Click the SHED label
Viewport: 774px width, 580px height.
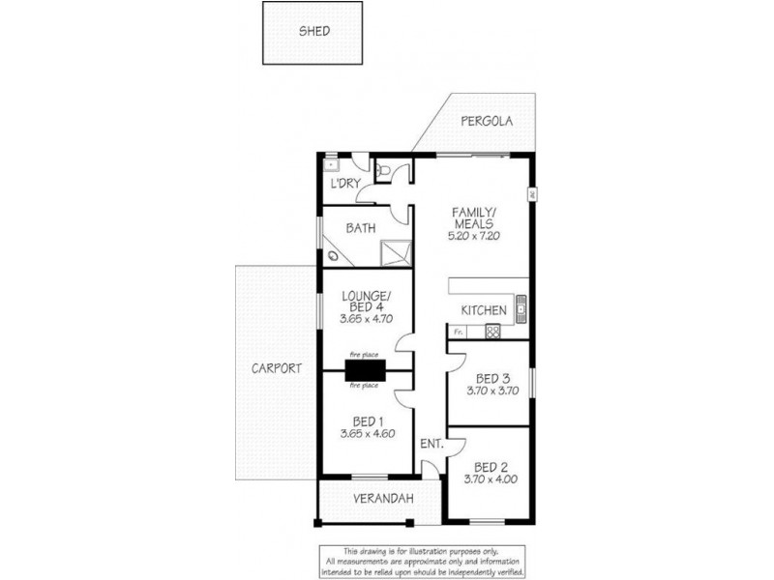tap(313, 31)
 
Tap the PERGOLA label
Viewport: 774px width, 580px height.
tap(486, 123)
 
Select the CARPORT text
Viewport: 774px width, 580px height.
tap(278, 368)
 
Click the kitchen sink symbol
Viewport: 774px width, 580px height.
tap(521, 308)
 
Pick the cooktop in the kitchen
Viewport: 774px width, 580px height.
tap(491, 332)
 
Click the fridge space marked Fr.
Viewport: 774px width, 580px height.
tap(459, 332)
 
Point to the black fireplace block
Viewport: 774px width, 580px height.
tap(366, 371)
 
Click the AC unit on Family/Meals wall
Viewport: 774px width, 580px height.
tap(531, 193)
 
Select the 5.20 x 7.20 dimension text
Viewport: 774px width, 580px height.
tap(474, 236)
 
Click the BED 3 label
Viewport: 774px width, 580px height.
tap(493, 378)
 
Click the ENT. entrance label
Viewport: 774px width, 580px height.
tap(431, 445)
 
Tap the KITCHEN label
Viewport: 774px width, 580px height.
tap(484, 310)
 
